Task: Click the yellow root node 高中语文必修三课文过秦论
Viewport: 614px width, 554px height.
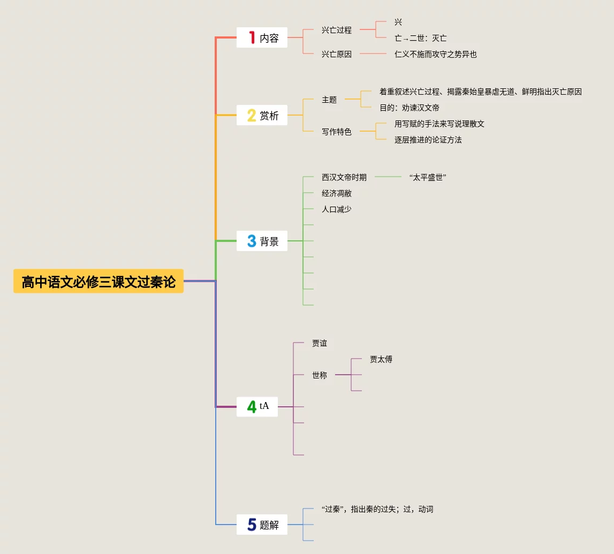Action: (x=98, y=282)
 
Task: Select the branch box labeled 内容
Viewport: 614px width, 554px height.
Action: (x=262, y=37)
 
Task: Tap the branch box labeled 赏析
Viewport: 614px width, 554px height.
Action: (x=262, y=115)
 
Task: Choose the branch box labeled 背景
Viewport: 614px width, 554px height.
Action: (x=262, y=241)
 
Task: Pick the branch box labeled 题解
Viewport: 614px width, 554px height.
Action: (x=262, y=525)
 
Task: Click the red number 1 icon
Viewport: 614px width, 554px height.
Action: (x=252, y=37)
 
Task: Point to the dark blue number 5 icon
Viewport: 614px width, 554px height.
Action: (x=252, y=525)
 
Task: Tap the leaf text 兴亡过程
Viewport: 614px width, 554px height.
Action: (x=337, y=30)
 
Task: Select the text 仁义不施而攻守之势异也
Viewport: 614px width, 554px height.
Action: (x=435, y=54)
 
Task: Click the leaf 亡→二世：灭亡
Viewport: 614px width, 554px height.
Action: (x=420, y=38)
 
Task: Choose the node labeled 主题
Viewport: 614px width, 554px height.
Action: (x=329, y=100)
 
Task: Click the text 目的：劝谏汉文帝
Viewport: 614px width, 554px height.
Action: (x=410, y=108)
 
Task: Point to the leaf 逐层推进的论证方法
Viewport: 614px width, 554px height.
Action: (x=428, y=140)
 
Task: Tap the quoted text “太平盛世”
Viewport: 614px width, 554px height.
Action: (x=427, y=177)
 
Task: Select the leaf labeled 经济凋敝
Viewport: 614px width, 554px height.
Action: (x=337, y=193)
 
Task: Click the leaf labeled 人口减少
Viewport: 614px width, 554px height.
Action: (x=337, y=209)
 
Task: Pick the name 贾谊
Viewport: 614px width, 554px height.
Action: (x=320, y=343)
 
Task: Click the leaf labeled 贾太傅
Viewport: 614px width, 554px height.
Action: (x=381, y=359)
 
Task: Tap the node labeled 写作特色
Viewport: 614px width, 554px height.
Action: (x=337, y=132)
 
